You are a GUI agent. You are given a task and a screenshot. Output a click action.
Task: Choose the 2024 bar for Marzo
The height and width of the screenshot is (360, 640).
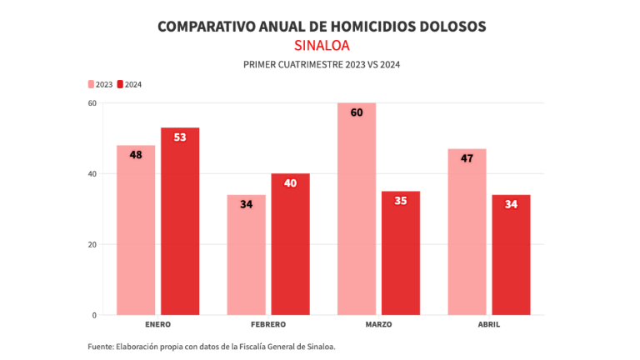coord(401,253)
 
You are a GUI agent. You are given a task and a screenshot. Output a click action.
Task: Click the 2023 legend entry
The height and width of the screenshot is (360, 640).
coord(101,84)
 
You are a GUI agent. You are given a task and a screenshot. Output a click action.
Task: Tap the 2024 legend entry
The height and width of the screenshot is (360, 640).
coord(129,84)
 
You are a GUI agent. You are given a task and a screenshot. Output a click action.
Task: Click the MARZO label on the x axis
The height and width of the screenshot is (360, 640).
coord(378,324)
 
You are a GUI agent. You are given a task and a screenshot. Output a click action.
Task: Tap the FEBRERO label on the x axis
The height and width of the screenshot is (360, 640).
coord(267,324)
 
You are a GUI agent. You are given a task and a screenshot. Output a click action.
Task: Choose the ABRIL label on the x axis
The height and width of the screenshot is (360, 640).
coord(488,324)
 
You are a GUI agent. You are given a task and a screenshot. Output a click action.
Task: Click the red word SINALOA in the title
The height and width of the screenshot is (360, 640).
coord(321,45)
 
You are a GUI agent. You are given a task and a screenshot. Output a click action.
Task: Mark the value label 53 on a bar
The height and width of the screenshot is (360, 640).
coord(180,137)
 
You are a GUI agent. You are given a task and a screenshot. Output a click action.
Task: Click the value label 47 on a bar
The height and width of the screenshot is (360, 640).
coord(467,158)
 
